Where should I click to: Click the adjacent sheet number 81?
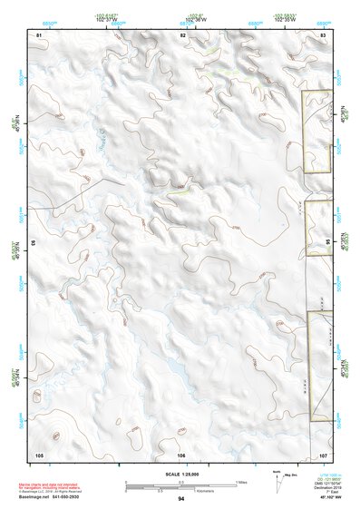pyautogui.click(x=39, y=34)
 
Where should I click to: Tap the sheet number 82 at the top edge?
pyautogui.click(x=182, y=34)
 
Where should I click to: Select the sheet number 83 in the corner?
pyautogui.click(x=323, y=34)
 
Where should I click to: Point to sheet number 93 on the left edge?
pyautogui.click(x=34, y=244)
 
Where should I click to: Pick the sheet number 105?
pyautogui.click(x=39, y=454)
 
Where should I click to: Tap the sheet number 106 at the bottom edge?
pyautogui.click(x=181, y=454)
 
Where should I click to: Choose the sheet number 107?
pyautogui.click(x=322, y=454)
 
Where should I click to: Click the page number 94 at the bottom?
pyautogui.click(x=181, y=499)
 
